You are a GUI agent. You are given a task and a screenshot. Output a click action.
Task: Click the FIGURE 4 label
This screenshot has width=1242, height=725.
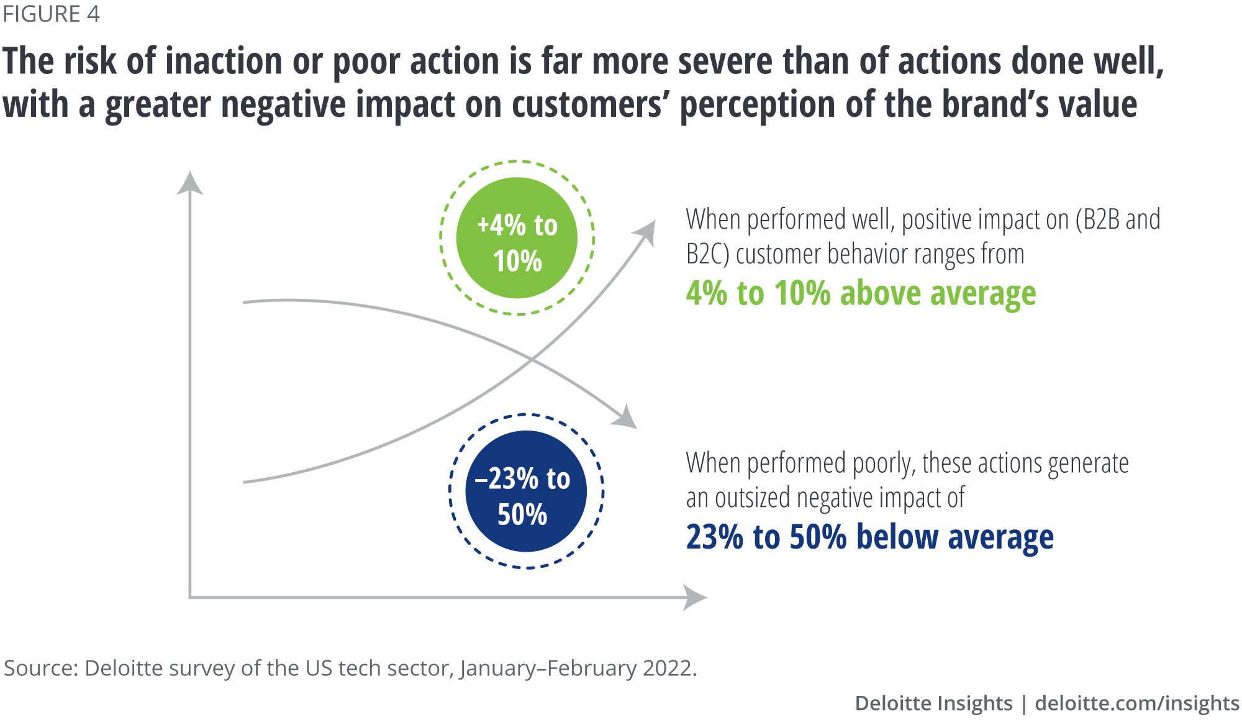point(51,14)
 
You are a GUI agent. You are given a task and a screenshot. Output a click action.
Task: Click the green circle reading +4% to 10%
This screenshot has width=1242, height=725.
point(517,238)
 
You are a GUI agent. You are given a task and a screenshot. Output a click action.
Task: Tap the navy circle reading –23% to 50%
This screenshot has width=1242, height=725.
point(526,491)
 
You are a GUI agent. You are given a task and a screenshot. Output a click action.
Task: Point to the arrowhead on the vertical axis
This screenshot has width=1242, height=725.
point(190,183)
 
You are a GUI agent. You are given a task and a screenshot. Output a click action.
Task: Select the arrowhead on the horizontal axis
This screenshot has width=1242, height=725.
point(695,598)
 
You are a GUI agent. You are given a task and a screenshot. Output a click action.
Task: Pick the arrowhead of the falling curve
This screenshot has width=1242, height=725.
point(626,418)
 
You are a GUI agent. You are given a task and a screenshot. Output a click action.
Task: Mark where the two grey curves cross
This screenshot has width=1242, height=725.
point(532,359)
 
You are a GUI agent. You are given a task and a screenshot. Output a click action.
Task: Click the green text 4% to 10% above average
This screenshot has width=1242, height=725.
point(861,293)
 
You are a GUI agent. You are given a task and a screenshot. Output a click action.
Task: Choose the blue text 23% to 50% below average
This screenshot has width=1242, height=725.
point(869,537)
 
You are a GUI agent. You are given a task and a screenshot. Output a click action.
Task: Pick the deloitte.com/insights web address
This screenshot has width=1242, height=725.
point(1137,703)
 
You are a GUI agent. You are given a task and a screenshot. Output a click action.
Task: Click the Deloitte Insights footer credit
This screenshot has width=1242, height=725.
point(933,703)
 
